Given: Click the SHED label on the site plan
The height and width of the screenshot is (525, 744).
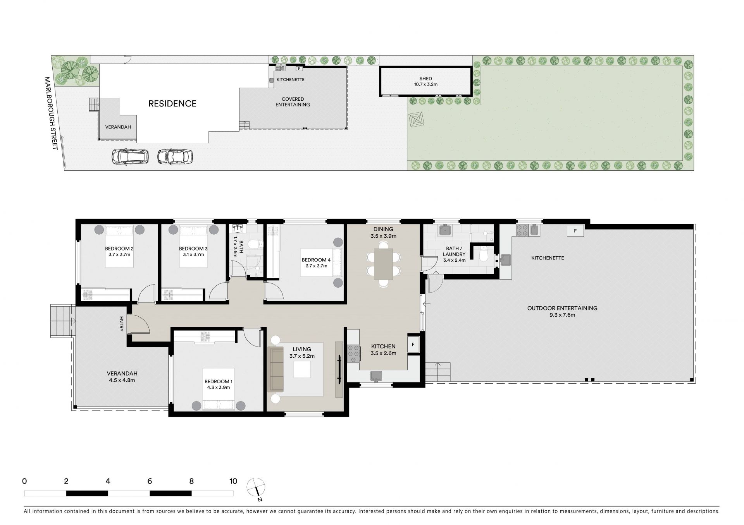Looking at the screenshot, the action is pos(425,79).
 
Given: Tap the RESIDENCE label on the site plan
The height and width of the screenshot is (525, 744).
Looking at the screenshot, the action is pos(172,104).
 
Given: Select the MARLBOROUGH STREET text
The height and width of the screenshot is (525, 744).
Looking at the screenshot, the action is pos(51,113).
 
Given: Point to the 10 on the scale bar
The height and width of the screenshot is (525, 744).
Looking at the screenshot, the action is pos(233,481).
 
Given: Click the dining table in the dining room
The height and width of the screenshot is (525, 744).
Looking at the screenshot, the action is pos(383,264).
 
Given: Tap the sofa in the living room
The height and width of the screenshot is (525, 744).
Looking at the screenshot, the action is pos(276,370).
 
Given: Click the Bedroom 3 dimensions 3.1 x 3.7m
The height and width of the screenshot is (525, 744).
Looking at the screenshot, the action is pos(193,254).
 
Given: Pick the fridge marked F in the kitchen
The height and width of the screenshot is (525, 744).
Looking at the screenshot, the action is pos(413,344).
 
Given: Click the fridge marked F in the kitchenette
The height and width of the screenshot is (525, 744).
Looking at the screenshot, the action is pos(575,231).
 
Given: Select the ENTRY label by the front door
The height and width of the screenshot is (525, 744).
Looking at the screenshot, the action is pos(121,324).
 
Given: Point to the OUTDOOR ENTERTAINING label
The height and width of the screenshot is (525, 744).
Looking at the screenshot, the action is pos(562,308).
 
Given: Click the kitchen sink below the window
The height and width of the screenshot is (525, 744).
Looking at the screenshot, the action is pos(376,376).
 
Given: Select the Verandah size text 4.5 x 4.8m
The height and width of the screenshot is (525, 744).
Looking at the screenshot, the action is pos(122,380).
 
